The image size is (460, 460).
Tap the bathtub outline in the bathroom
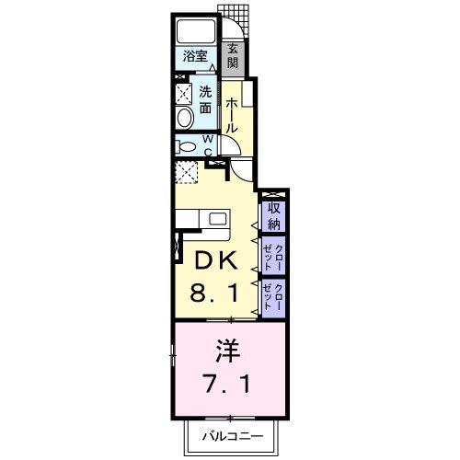point(195,31)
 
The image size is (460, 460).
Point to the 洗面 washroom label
point(206,99)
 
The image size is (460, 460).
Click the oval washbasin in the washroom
point(184,117)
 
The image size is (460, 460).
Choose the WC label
point(208,145)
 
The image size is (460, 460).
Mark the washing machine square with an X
point(184,94)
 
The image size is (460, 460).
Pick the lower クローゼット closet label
point(272,296)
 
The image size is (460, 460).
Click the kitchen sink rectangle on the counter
point(218,220)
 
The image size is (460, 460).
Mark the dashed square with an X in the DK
point(187,172)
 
